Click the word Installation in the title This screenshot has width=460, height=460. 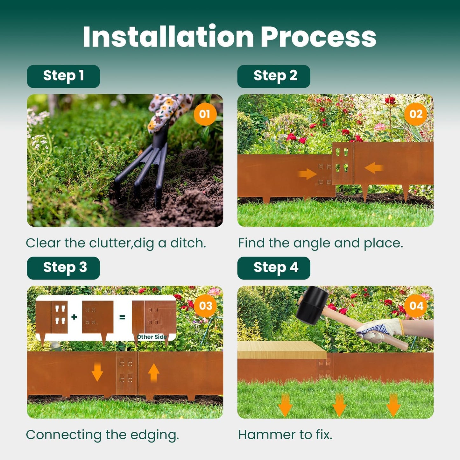(168, 37)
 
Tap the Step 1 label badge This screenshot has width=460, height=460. (63, 76)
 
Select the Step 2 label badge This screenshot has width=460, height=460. (274, 76)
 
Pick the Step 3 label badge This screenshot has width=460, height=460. (63, 268)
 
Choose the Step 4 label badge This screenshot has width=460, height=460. (274, 268)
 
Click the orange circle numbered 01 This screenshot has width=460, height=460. (205, 114)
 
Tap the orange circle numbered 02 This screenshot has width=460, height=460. (416, 114)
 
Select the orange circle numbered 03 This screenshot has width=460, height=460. (205, 306)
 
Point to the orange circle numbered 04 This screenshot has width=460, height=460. (416, 306)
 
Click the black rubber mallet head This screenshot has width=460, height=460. (312, 305)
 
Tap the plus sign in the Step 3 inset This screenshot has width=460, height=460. (74, 317)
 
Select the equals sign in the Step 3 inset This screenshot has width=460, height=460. (122, 317)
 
